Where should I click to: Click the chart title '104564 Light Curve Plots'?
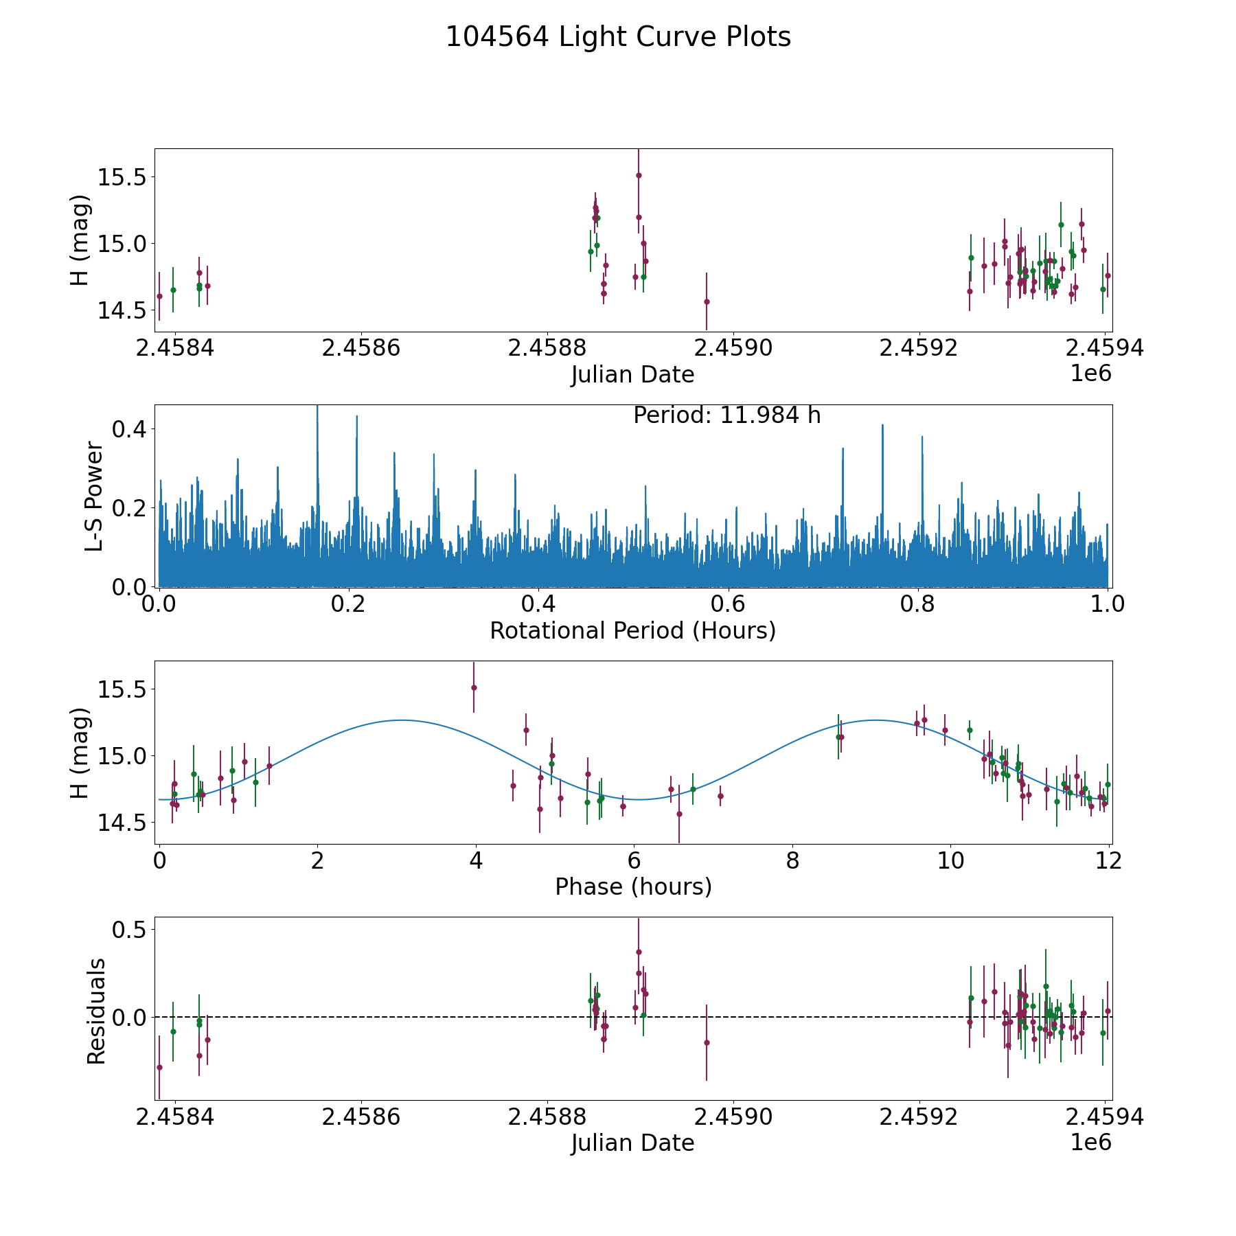click(x=618, y=37)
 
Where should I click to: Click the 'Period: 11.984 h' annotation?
click(x=726, y=415)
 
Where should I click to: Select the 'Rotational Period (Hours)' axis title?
click(x=632, y=630)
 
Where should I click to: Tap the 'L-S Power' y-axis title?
click(x=95, y=496)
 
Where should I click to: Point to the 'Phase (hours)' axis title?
click(x=632, y=886)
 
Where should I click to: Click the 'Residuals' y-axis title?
click(x=96, y=1011)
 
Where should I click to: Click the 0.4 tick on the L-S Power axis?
click(x=130, y=429)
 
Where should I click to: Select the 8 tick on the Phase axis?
click(x=793, y=861)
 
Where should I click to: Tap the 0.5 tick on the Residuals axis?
click(x=130, y=930)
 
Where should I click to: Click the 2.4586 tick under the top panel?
click(x=360, y=348)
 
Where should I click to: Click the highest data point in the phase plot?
click(x=474, y=687)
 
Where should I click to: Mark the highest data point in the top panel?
click(x=639, y=175)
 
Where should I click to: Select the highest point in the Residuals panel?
click(x=639, y=952)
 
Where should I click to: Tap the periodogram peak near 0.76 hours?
click(x=882, y=426)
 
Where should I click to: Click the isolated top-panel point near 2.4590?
click(x=707, y=301)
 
